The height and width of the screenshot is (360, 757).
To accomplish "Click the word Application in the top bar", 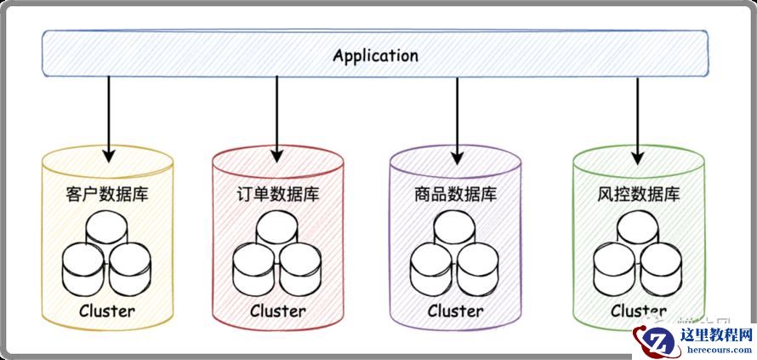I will point(375,56).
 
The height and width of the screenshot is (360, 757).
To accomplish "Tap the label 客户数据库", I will point(106,193).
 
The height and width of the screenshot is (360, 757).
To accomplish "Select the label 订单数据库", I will point(277,193).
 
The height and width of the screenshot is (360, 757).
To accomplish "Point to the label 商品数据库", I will point(455,193).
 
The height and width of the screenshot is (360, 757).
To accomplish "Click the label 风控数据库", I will point(638,193).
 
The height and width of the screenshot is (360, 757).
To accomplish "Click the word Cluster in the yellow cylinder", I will point(106,311).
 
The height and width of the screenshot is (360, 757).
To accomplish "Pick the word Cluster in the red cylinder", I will point(277,311).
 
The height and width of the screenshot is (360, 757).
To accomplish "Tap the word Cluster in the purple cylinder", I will point(455,311).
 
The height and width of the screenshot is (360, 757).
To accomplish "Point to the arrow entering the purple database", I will point(457,119).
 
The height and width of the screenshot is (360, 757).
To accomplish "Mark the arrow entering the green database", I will point(638,119).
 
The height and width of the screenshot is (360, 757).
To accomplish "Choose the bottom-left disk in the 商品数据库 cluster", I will point(432,266).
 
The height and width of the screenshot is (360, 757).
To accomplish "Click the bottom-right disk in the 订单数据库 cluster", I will point(302,266).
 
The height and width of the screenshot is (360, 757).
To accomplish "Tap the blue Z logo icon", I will point(655,340).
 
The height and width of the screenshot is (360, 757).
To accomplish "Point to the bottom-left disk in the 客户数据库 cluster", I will point(83,266).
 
